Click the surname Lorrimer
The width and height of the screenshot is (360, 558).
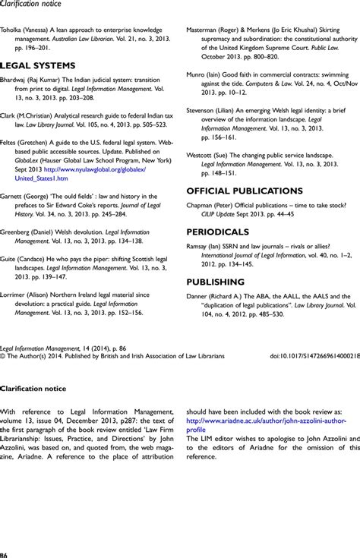pyautogui.click(x=17, y=338)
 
